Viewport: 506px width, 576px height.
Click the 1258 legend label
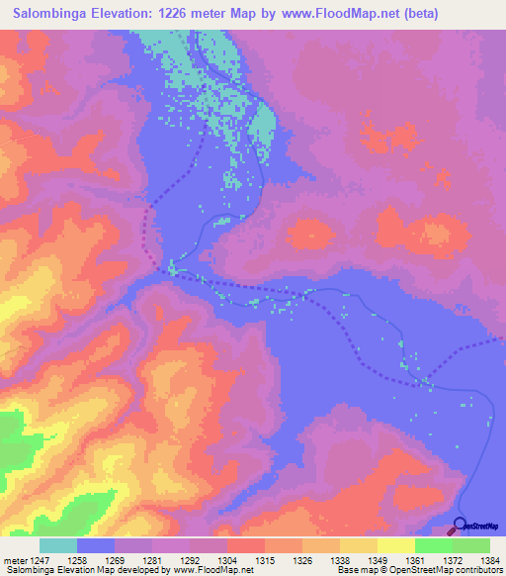[x=95, y=560]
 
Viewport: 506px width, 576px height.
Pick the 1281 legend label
[x=171, y=560]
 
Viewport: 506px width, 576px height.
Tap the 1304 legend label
[x=247, y=560]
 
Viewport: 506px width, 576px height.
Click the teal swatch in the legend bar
[x=58, y=545]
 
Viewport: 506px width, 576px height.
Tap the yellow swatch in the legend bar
[x=396, y=545]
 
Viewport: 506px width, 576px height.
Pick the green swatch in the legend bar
[x=434, y=545]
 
